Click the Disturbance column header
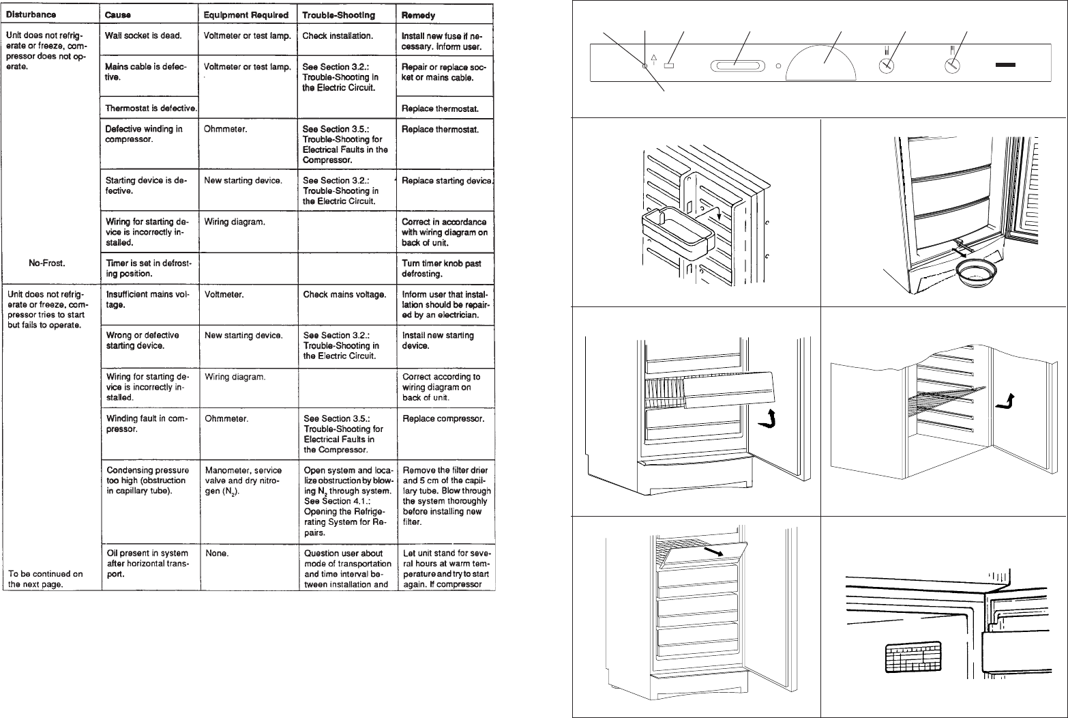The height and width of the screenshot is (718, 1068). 31,14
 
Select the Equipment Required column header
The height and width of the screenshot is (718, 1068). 246,14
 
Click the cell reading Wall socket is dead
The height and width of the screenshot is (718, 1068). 143,35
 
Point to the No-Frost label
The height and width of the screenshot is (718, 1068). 47,263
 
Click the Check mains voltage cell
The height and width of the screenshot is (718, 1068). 344,295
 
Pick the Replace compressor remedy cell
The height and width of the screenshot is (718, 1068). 443,418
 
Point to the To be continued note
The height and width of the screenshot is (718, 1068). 45,579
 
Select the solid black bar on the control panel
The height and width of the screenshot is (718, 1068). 1005,66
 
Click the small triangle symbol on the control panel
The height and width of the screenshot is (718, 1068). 654,59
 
